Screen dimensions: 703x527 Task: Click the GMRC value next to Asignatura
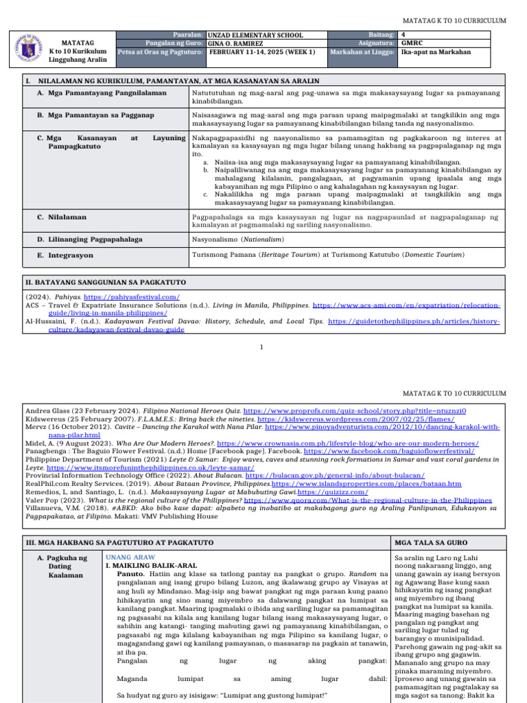pos(412,43)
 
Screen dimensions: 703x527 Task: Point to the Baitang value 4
pos(403,34)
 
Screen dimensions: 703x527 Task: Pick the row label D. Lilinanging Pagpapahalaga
pos(95,240)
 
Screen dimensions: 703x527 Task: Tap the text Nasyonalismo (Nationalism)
pos(237,240)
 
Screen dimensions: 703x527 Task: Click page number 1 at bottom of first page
pos(262,347)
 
